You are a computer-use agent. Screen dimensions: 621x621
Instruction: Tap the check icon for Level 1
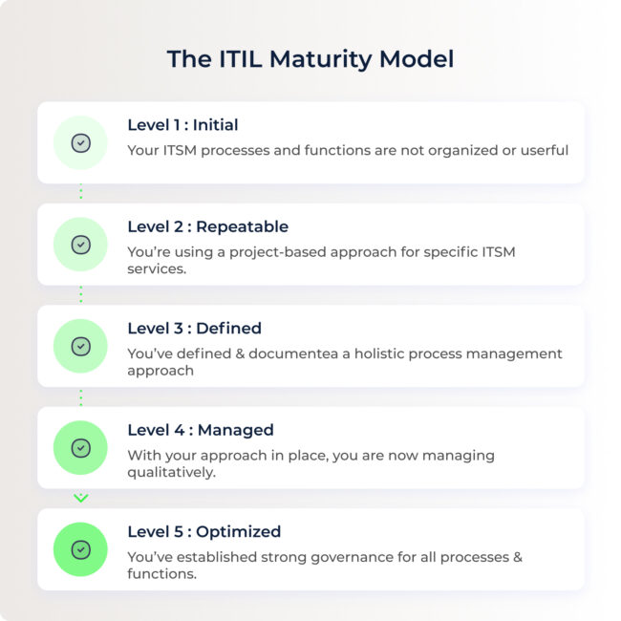click(81, 143)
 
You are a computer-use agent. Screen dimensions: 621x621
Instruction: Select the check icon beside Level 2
click(81, 245)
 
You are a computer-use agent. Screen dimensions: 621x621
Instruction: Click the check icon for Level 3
click(81, 347)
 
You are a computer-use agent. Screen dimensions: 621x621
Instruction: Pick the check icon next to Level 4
click(81, 448)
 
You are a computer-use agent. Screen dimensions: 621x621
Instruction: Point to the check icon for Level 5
click(81, 549)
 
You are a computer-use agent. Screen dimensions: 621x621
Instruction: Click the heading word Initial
click(216, 125)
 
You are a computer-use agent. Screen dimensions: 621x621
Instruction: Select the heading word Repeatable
click(243, 227)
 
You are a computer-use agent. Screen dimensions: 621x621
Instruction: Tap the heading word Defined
click(229, 329)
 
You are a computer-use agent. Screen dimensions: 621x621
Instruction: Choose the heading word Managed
click(236, 431)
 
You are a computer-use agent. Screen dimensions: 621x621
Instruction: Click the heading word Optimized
click(239, 532)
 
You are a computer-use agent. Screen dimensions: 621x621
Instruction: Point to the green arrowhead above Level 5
click(81, 498)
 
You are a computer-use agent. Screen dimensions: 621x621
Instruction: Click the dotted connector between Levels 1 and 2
click(81, 192)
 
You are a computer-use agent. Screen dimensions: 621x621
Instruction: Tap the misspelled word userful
click(545, 151)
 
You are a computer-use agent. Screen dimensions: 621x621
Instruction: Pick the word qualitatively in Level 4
click(171, 473)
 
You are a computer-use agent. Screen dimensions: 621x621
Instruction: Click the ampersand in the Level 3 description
click(240, 353)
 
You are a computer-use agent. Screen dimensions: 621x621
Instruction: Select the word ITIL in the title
click(241, 59)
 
